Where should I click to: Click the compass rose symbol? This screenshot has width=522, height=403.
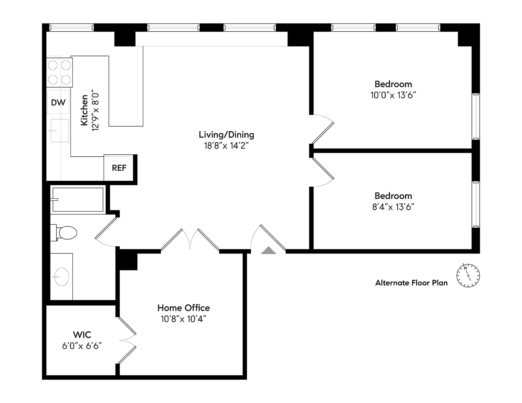point(468,275)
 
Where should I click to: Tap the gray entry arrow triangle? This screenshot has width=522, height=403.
point(269,251)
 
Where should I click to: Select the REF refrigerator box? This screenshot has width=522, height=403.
point(119,168)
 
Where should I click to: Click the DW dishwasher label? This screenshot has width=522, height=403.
point(58,102)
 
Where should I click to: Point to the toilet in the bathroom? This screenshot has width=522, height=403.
point(66,233)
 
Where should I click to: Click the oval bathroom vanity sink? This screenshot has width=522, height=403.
point(61,277)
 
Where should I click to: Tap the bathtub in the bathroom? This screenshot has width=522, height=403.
point(78,199)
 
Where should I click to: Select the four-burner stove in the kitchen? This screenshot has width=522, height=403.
point(59,72)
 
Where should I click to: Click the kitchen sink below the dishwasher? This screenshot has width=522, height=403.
point(60,130)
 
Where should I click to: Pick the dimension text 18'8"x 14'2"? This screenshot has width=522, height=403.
point(226,146)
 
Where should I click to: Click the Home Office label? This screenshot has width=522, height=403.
point(183,308)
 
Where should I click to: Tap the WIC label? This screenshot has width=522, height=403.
point(82,335)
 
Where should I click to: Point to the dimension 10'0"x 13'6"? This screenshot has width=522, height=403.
point(393,95)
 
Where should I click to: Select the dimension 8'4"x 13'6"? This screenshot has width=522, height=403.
point(393,207)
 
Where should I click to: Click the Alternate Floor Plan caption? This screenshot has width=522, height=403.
point(411,283)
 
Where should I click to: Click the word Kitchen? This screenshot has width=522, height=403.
point(84,110)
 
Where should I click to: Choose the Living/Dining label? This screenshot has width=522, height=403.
point(226,135)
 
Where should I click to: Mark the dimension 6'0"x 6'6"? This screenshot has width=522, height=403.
point(82,346)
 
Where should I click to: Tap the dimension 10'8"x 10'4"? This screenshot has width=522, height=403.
point(183,319)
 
